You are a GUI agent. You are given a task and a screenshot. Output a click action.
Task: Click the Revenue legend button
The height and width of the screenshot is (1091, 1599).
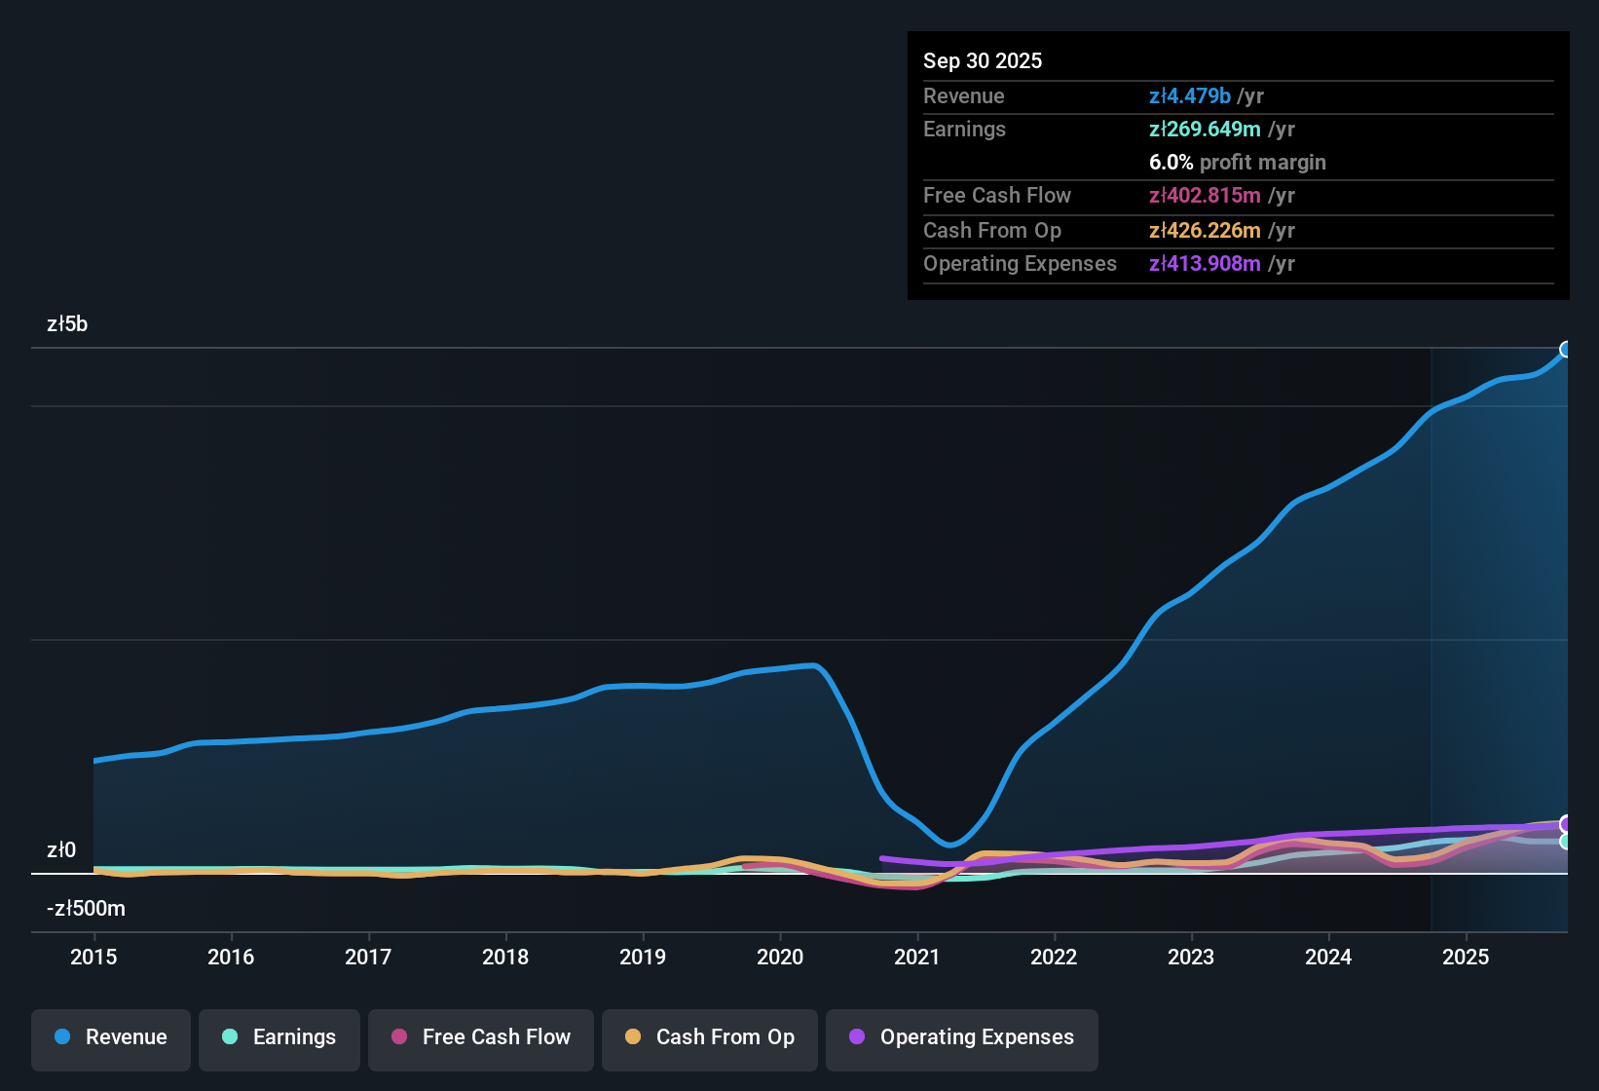coord(111,1037)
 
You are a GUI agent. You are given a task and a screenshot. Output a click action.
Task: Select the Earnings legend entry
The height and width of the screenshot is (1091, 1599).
coord(279,1037)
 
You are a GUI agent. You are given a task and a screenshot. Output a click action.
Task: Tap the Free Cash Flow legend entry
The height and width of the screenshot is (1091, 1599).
coord(481,1037)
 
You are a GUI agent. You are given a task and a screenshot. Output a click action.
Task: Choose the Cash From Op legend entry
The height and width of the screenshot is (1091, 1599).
coord(710,1037)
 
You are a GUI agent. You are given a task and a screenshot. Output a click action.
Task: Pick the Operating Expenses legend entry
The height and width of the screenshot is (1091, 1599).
coord(962,1037)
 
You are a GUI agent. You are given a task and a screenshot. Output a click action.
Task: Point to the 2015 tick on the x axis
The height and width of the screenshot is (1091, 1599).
coord(93,957)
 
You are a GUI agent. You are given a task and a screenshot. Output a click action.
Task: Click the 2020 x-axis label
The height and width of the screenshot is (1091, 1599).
coord(780,957)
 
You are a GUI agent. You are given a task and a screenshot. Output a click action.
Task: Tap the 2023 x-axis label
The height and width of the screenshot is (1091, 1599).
coord(1191,957)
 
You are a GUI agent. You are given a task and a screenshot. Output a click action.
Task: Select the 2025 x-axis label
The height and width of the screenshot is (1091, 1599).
coord(1466,957)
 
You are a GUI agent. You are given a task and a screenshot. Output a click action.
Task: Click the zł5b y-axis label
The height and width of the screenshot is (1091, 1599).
coord(67,324)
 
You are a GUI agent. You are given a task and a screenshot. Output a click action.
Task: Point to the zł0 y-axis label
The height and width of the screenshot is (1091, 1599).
coord(61,850)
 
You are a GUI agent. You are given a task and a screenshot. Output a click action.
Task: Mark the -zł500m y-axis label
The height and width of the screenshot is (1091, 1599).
coord(86,909)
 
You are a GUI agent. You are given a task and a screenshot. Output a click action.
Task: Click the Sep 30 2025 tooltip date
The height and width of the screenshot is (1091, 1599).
coord(982,60)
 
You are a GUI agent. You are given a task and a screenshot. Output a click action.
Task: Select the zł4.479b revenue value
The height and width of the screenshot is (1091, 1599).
coord(1189,95)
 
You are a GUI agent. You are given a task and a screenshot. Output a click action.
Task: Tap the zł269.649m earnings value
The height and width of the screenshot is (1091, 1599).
coord(1205,129)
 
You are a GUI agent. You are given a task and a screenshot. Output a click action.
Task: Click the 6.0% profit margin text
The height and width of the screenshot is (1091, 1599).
coord(1237,162)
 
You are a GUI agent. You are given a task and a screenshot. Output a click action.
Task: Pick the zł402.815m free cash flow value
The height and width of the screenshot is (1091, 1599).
coord(1205,195)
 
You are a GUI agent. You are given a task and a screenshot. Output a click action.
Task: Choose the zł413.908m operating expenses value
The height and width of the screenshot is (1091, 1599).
coord(1205,263)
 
